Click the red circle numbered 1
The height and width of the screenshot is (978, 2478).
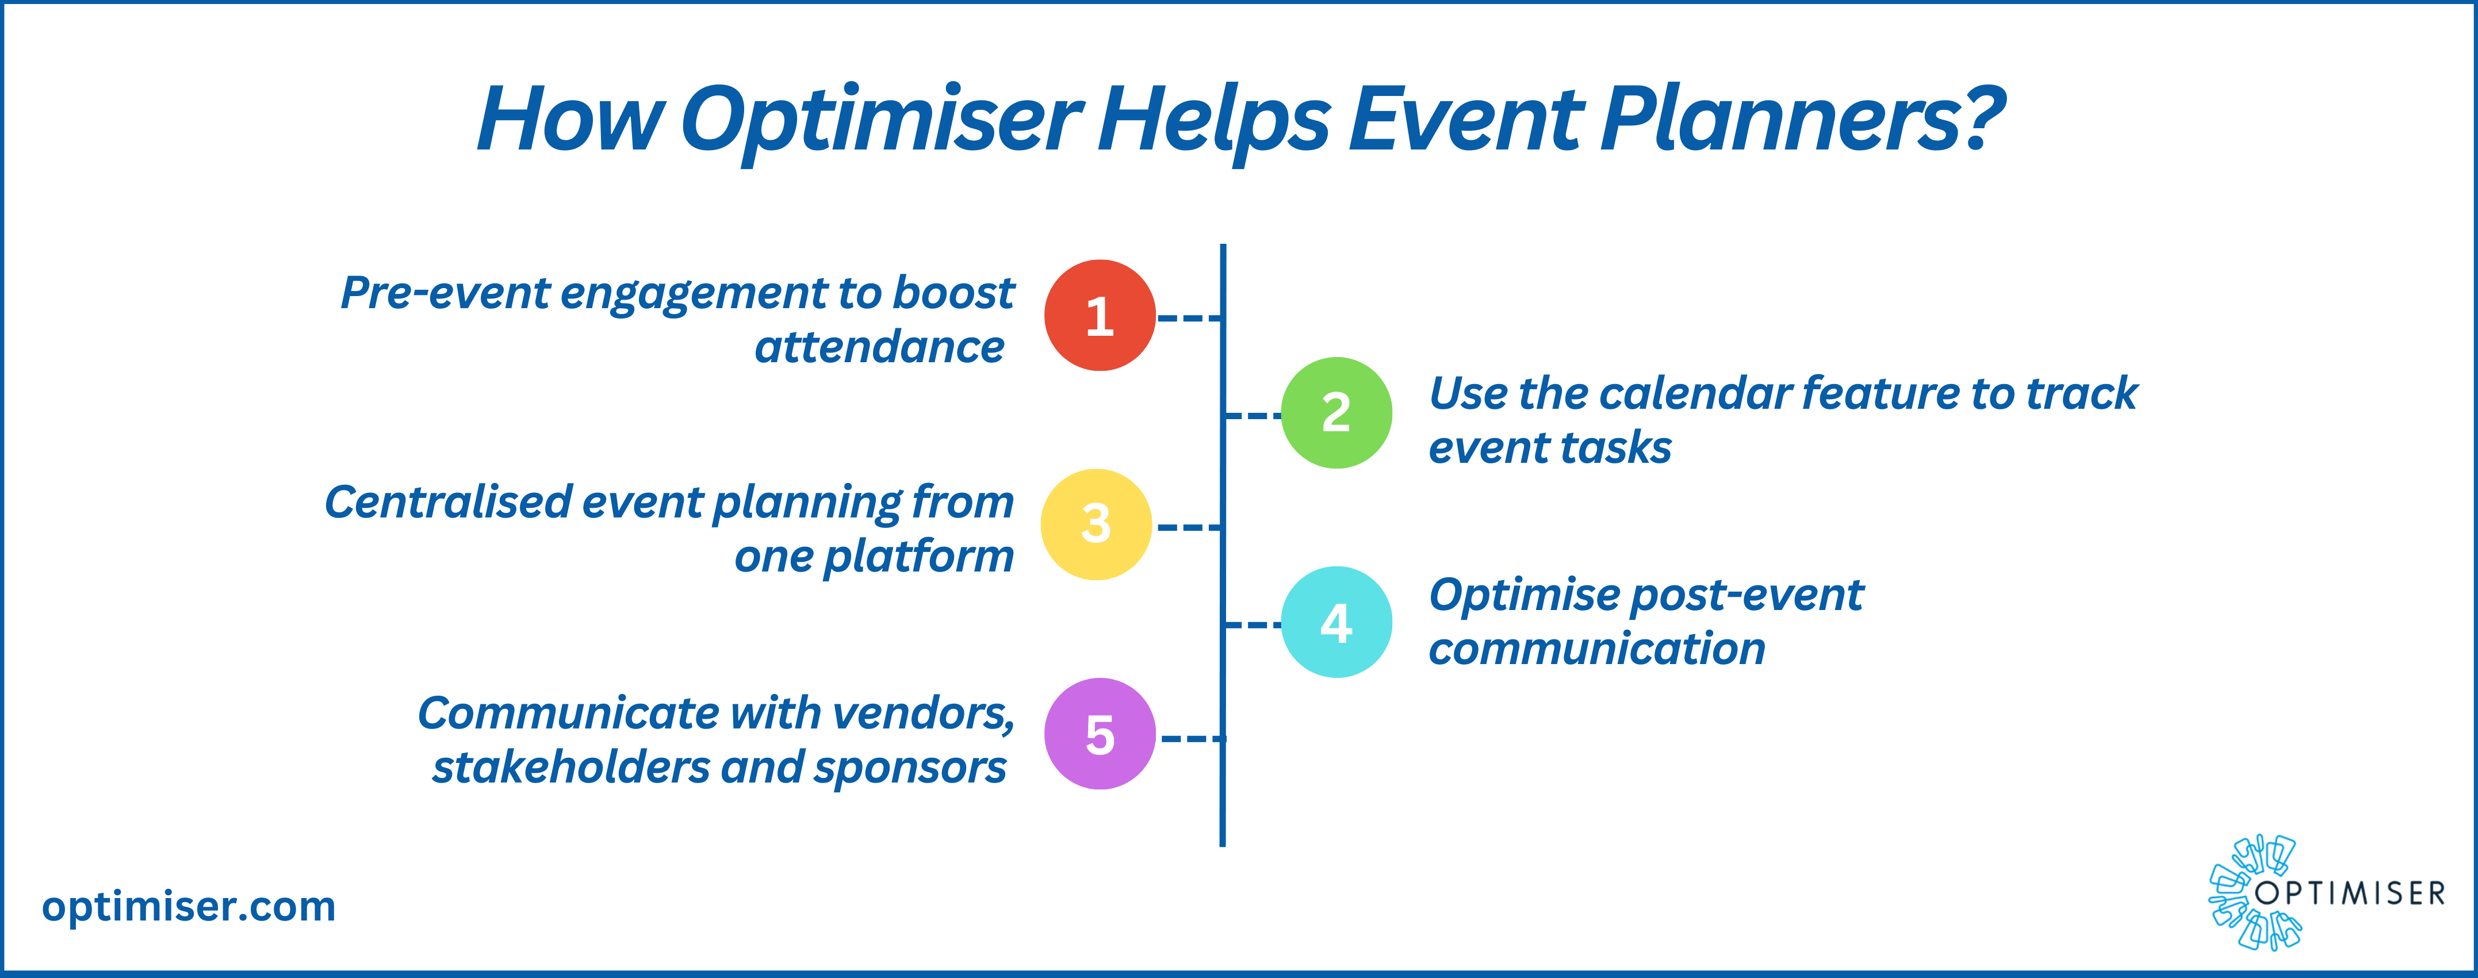click(1100, 316)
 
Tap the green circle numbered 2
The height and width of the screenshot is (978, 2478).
click(1336, 413)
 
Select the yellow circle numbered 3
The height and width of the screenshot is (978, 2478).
click(1096, 524)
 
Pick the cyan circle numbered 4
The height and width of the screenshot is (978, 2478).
click(1336, 622)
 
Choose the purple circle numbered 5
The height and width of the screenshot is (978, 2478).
click(1100, 734)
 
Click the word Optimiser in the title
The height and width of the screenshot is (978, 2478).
click(881, 120)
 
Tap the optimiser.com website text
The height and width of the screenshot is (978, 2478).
click(189, 907)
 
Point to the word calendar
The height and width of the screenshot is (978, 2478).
click(1695, 393)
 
